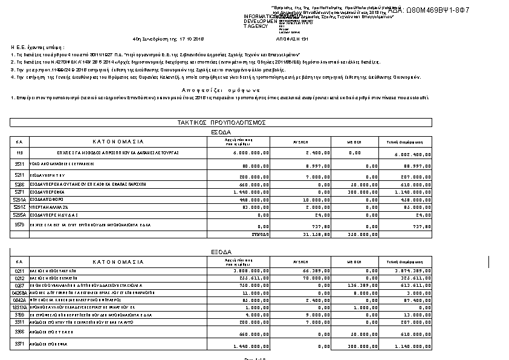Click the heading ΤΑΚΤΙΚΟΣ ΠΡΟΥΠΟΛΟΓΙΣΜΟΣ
pos(221,122)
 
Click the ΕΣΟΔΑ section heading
pos(221,131)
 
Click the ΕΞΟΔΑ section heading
pos(221,251)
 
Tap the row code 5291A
pos(19,199)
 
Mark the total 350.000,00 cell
pos(362,234)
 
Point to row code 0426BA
pos(20,292)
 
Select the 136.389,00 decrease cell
pos(362,285)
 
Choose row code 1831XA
pos(20,307)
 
